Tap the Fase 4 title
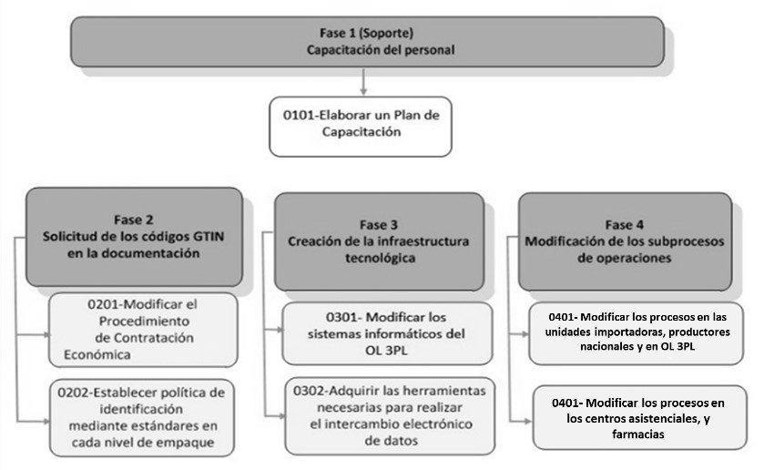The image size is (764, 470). point(624,223)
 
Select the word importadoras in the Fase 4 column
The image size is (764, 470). point(623,332)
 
